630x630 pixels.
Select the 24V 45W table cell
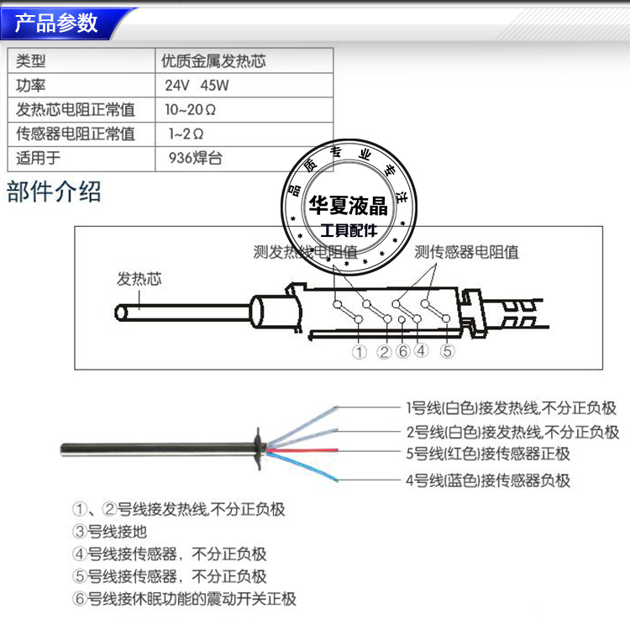click(197, 85)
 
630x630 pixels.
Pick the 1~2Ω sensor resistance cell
click(186, 134)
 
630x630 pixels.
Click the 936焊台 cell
click(196, 157)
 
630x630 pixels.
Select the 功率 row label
click(31, 85)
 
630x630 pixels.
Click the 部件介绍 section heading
click(54, 191)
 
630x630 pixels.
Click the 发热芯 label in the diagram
click(139, 279)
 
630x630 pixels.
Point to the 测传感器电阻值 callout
click(467, 251)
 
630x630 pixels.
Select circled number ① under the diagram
click(360, 352)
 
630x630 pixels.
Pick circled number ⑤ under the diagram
click(447, 351)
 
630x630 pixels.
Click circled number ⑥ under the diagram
click(402, 351)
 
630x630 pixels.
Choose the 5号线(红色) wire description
click(487, 454)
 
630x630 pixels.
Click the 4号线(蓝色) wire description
click(487, 480)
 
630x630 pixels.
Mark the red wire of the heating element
click(353, 451)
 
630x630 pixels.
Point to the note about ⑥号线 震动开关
click(185, 600)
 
